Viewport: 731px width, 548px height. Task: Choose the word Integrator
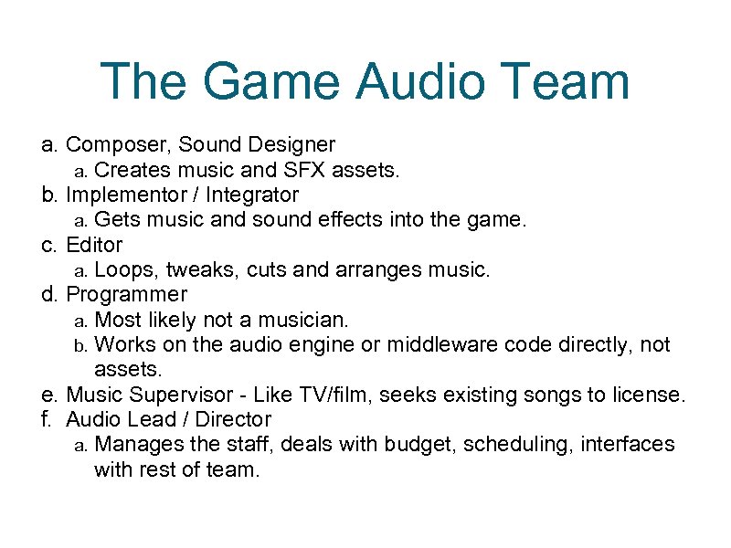252,195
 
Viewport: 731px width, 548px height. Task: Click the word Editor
94,245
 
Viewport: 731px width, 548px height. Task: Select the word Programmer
126,294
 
